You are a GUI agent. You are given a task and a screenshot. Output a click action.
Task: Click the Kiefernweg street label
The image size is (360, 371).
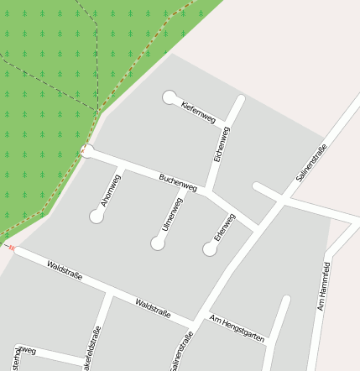(198, 112)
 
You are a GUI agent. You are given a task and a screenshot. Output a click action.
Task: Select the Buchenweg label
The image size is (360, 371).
(178, 180)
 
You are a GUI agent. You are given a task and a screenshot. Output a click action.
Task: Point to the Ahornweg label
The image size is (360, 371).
(110, 190)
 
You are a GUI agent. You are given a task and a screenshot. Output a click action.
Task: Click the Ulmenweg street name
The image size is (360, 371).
(172, 214)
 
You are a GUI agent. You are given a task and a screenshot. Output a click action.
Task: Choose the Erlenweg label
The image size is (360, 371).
(225, 227)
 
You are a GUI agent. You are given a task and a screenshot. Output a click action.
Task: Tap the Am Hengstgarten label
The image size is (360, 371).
(237, 328)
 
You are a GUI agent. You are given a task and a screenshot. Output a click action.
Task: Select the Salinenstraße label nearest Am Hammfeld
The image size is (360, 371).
(310, 164)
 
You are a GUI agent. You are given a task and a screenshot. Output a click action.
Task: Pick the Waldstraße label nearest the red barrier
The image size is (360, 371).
(65, 270)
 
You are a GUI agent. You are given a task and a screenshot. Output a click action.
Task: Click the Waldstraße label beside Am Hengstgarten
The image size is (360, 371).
(153, 307)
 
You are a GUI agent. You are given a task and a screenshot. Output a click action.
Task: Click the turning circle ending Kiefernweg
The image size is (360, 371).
(170, 97)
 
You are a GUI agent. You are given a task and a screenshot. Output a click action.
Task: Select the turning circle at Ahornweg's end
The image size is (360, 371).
(97, 217)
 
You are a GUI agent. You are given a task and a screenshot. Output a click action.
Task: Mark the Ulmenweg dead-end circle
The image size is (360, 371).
(158, 243)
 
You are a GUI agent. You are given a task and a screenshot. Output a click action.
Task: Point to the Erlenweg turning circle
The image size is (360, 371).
(210, 248)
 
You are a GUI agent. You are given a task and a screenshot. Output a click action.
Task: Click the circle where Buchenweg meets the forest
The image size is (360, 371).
(86, 151)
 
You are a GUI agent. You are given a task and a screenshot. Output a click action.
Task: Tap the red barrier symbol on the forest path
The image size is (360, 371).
(12, 248)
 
